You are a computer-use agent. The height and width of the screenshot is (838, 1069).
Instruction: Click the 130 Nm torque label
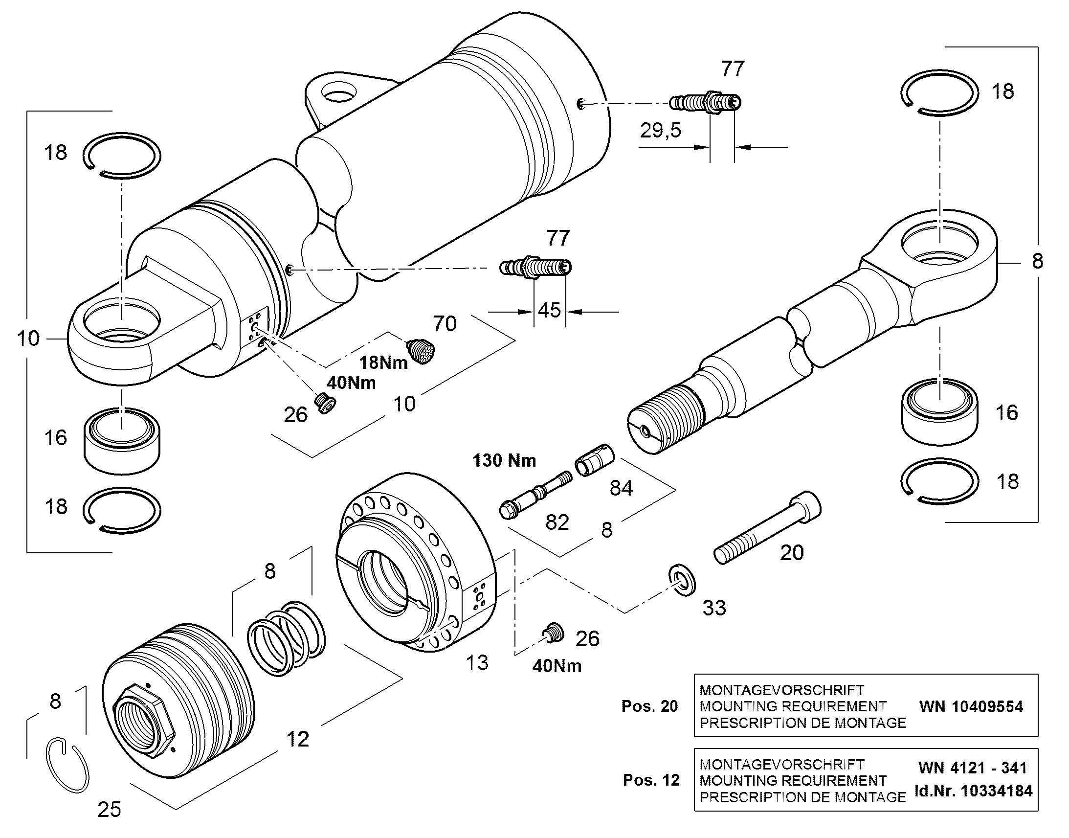pos(504,460)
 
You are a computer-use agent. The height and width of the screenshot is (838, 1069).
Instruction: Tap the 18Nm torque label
pos(383,362)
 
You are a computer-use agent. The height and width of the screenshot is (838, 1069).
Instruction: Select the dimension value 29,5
pos(661,131)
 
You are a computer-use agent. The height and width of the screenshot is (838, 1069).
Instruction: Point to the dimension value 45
pos(549,310)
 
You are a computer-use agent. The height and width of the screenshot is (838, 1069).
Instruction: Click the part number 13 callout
pos(477,663)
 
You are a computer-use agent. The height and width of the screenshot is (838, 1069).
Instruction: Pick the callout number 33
pos(714,608)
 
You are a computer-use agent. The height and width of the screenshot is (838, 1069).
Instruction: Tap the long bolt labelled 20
pos(767,528)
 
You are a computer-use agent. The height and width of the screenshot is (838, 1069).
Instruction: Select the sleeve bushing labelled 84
pos(594,460)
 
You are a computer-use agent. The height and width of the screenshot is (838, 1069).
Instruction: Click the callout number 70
pos(445,324)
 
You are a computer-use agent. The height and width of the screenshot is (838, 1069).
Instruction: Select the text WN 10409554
pos(971,706)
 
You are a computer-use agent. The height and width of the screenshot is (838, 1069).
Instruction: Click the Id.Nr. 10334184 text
pos(973,791)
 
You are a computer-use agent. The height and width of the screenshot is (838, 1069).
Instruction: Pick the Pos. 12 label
pos(651,780)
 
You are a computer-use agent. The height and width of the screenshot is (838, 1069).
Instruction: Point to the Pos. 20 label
pos(650,706)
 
